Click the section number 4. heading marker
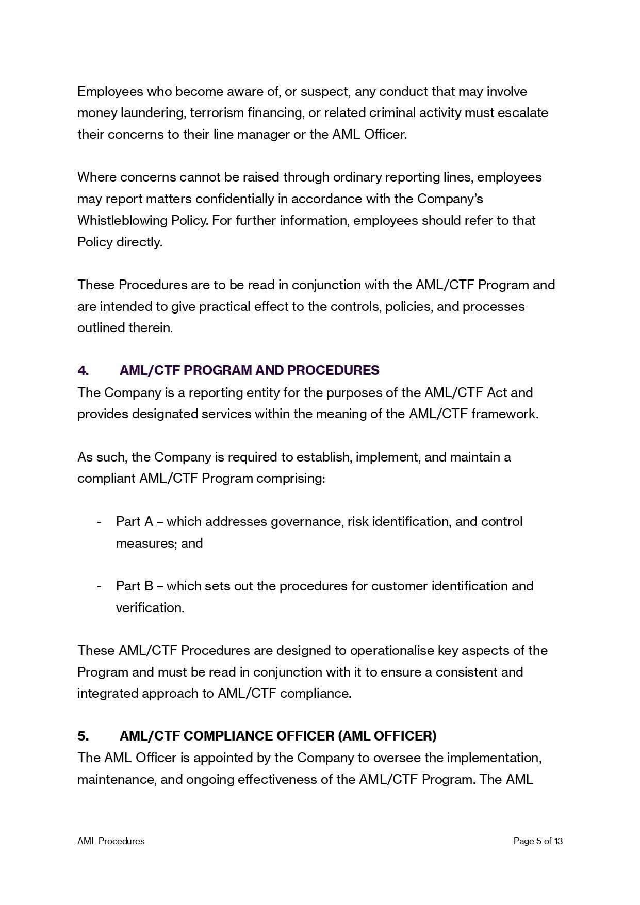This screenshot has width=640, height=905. pyautogui.click(x=83, y=370)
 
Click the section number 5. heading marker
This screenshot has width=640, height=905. pyautogui.click(x=83, y=736)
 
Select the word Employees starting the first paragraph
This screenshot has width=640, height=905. pyautogui.click(x=110, y=92)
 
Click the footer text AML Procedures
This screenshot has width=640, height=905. pyautogui.click(x=111, y=841)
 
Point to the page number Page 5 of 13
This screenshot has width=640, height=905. pyautogui.click(x=538, y=841)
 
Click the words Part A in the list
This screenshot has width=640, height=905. pyautogui.click(x=134, y=521)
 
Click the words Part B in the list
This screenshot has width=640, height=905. pyautogui.click(x=134, y=586)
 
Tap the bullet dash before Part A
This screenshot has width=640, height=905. pyautogui.click(x=99, y=522)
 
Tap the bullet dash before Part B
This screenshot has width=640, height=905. pyautogui.click(x=99, y=586)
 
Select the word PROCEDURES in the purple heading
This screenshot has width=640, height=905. pyautogui.click(x=333, y=370)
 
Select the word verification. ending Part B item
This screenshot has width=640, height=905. pyautogui.click(x=150, y=607)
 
